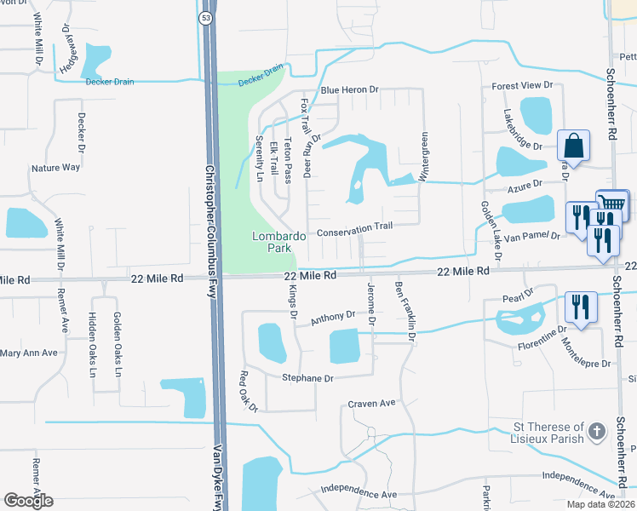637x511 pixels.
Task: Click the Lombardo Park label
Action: (x=273, y=242)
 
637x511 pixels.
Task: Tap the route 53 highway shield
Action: (x=206, y=18)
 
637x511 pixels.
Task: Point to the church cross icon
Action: (x=598, y=432)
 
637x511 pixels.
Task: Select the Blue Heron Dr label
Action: (x=349, y=89)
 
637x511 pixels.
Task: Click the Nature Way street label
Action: (x=55, y=168)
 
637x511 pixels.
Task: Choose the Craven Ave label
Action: (x=372, y=403)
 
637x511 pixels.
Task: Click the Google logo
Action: (x=28, y=501)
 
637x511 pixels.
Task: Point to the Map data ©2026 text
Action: (x=600, y=504)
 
